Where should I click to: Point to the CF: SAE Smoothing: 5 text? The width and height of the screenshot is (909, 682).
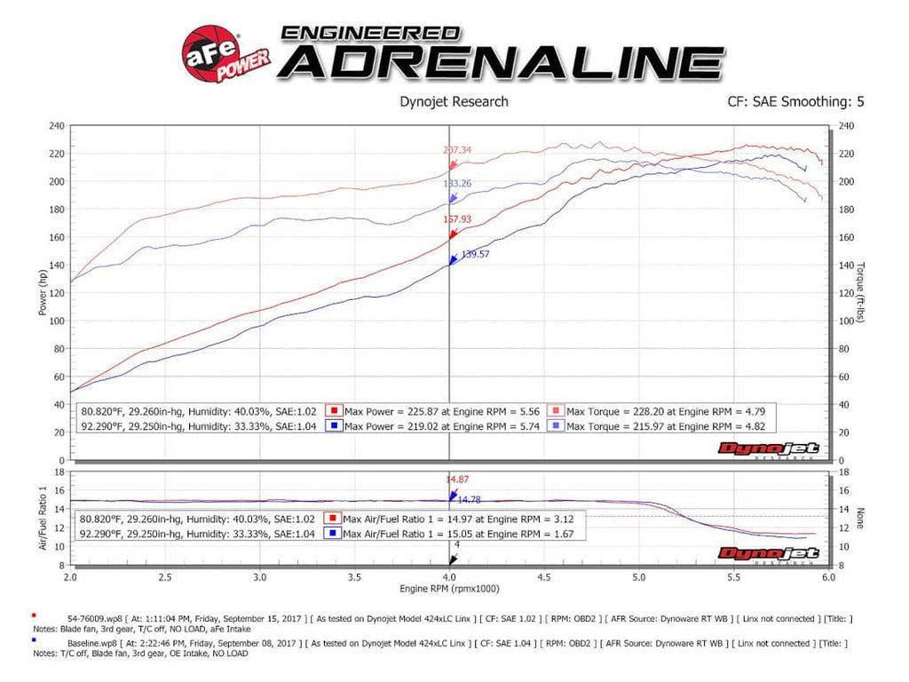[794, 101]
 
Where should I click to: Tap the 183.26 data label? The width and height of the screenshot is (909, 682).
[457, 183]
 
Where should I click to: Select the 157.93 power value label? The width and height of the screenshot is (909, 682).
[457, 218]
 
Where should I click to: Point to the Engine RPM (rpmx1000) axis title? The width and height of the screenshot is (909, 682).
[449, 589]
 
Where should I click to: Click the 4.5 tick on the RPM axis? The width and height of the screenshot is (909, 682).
[543, 576]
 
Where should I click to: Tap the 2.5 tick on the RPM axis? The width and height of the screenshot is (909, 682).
[165, 576]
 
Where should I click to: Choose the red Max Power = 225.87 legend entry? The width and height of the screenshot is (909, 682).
[432, 411]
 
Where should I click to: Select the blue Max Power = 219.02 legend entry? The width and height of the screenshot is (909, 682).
[432, 426]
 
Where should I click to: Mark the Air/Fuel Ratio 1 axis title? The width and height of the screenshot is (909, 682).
[43, 517]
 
